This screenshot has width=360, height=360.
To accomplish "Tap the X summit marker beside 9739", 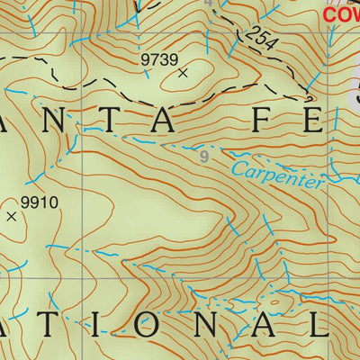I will pyautogui.click(x=184, y=74).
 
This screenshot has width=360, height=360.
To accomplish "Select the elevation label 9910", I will pyautogui.click(x=40, y=202).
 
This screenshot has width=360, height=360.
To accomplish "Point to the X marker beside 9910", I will pyautogui.click(x=12, y=216).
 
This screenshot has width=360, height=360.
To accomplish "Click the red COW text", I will pyautogui.click(x=341, y=14).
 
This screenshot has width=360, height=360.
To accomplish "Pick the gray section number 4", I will pyautogui.click(x=210, y=4).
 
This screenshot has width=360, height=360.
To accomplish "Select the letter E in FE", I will pyautogui.click(x=310, y=120).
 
